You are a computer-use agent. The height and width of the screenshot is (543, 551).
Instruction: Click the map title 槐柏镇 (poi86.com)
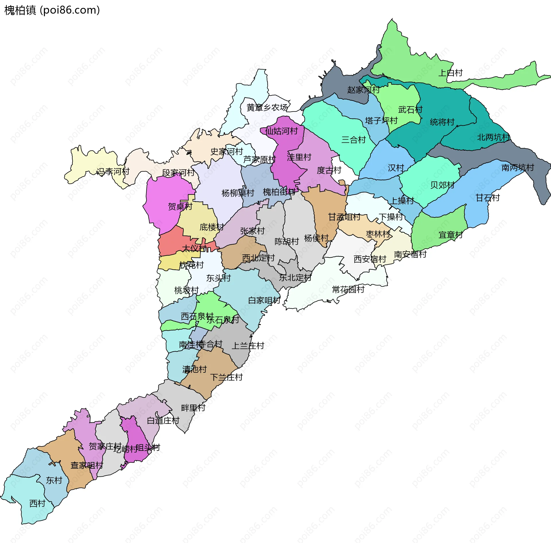pyautogui.click(x=52, y=10)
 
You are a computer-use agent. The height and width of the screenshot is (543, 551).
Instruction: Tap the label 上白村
pyautogui.click(x=450, y=73)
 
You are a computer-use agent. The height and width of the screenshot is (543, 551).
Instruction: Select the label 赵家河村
pyautogui.click(x=363, y=90)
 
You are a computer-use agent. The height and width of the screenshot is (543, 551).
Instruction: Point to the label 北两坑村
pyautogui.click(x=493, y=137)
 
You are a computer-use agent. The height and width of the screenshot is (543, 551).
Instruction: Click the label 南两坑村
pyautogui.click(x=517, y=167)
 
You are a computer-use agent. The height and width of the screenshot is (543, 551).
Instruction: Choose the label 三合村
pyautogui.click(x=353, y=140)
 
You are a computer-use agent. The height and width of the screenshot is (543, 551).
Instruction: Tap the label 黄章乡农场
pyautogui.click(x=267, y=107)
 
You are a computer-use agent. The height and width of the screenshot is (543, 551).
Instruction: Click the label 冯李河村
pyautogui.click(x=113, y=172)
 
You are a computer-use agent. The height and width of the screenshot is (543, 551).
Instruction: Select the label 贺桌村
pyautogui.click(x=180, y=206)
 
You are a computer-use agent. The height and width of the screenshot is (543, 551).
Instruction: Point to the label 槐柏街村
pyautogui.click(x=279, y=192)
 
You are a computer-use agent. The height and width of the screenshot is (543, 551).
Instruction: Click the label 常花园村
pyautogui.click(x=348, y=289)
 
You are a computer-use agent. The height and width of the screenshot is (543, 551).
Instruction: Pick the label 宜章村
pyautogui.click(x=450, y=235)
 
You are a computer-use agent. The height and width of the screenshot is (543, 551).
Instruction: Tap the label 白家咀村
pyautogui.click(x=264, y=300)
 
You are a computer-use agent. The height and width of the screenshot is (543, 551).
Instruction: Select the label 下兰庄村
pyautogui.click(x=226, y=377)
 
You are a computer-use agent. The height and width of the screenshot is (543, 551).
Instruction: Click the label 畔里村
pyautogui.click(x=193, y=408)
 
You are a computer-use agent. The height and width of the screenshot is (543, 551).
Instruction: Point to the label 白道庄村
pyautogui.click(x=163, y=421)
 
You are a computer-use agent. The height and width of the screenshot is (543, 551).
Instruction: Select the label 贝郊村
pyautogui.click(x=442, y=185)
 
